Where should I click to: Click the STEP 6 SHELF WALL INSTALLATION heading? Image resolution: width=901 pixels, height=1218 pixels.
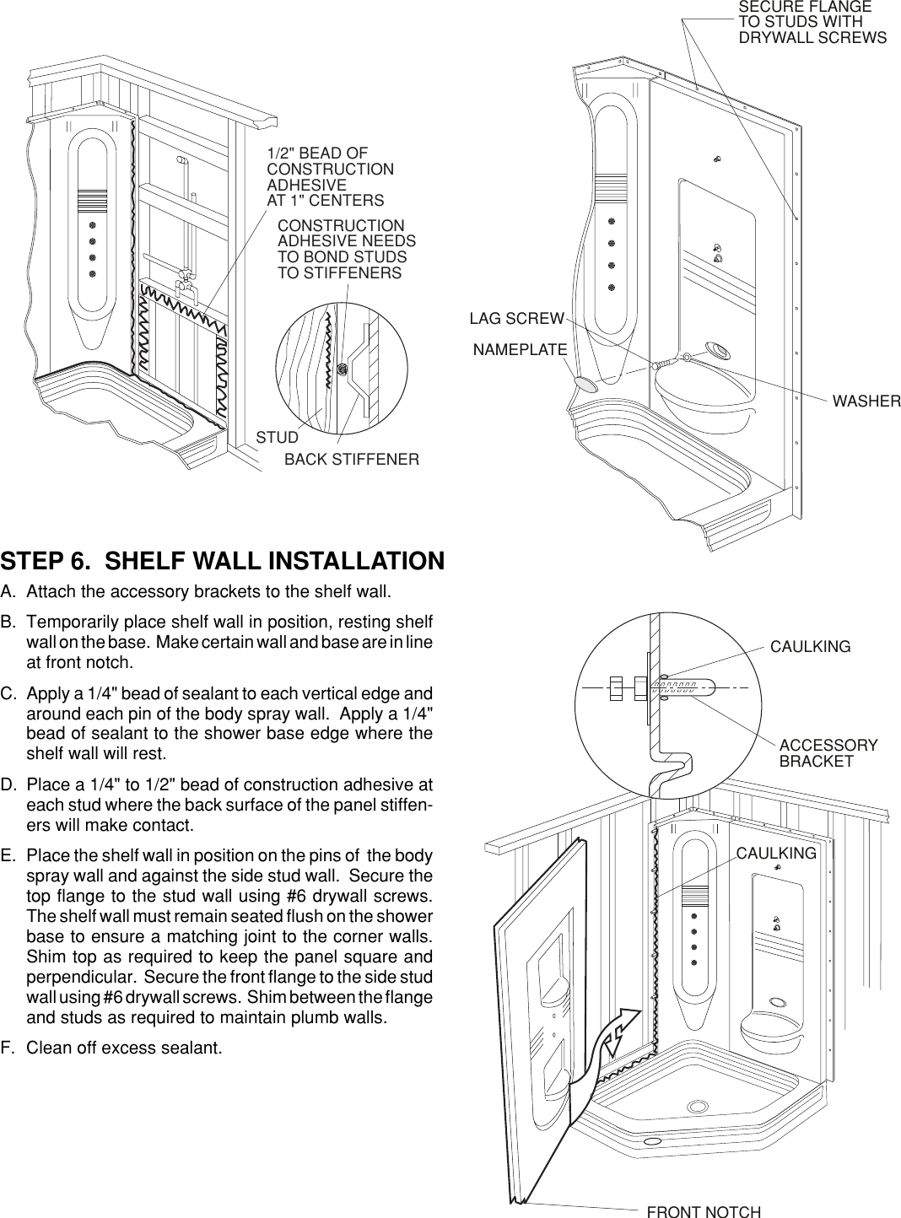pyautogui.click(x=223, y=562)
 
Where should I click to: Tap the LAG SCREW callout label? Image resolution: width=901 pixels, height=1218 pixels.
pyautogui.click(x=516, y=319)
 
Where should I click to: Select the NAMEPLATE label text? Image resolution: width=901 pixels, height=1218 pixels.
pyautogui.click(x=520, y=349)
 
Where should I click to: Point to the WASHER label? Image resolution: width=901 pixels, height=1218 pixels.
pyautogui.click(x=866, y=402)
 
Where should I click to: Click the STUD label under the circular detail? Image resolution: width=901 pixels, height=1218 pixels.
pyautogui.click(x=278, y=438)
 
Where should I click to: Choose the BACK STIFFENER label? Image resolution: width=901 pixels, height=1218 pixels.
pyautogui.click(x=352, y=460)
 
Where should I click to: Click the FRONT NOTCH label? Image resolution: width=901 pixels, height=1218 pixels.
pyautogui.click(x=704, y=1212)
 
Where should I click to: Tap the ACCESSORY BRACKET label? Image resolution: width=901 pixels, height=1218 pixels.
pyautogui.click(x=828, y=753)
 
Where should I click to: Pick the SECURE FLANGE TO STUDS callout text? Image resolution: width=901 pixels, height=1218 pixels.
pyautogui.click(x=812, y=23)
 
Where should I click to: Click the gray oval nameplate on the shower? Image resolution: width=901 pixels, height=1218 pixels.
pyautogui.click(x=585, y=384)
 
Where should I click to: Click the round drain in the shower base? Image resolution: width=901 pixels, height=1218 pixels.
pyautogui.click(x=698, y=1107)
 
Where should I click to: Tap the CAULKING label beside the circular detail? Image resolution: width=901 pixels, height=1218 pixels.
pyautogui.click(x=810, y=647)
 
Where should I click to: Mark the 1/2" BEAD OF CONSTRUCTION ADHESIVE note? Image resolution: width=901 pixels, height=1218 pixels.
pyautogui.click(x=330, y=177)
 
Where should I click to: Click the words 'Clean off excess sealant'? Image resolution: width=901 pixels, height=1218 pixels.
pyautogui.click(x=125, y=1048)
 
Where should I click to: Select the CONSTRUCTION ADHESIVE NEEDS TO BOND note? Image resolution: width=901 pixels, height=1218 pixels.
pyautogui.click(x=347, y=250)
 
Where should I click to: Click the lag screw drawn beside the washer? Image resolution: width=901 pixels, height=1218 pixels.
pyautogui.click(x=665, y=364)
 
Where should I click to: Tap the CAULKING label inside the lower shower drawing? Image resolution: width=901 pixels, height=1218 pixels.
pyautogui.click(x=776, y=854)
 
